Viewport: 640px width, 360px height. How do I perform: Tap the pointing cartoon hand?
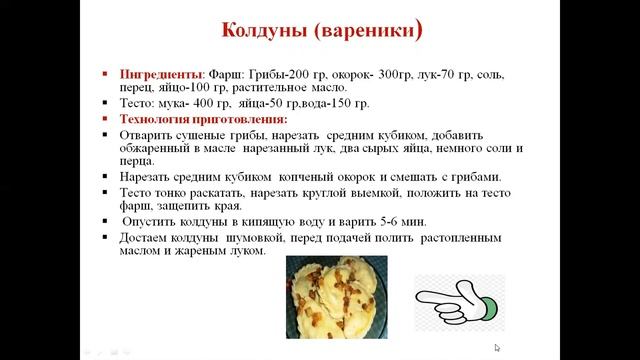coord(459,301)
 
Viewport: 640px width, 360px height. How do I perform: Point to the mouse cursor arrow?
coord(498,348)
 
